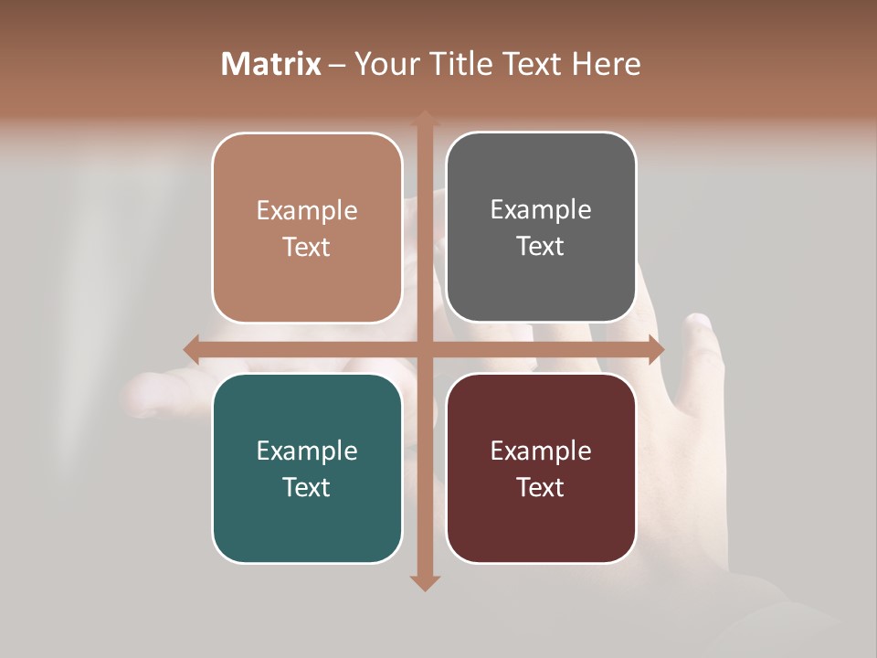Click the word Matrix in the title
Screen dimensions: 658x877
271,64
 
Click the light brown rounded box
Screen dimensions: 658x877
307,228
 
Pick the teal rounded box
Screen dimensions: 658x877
307,468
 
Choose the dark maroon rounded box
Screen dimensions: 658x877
541,468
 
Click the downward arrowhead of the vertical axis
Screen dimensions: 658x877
424,582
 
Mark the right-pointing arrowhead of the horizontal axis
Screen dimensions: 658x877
655,349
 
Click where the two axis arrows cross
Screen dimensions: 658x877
424,349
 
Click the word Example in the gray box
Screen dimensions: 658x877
541,209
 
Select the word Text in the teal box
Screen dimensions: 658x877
307,487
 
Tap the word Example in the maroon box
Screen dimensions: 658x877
541,451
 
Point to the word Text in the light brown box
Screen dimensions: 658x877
307,247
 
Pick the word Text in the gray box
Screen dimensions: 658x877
541,246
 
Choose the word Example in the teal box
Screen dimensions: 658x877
307,451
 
